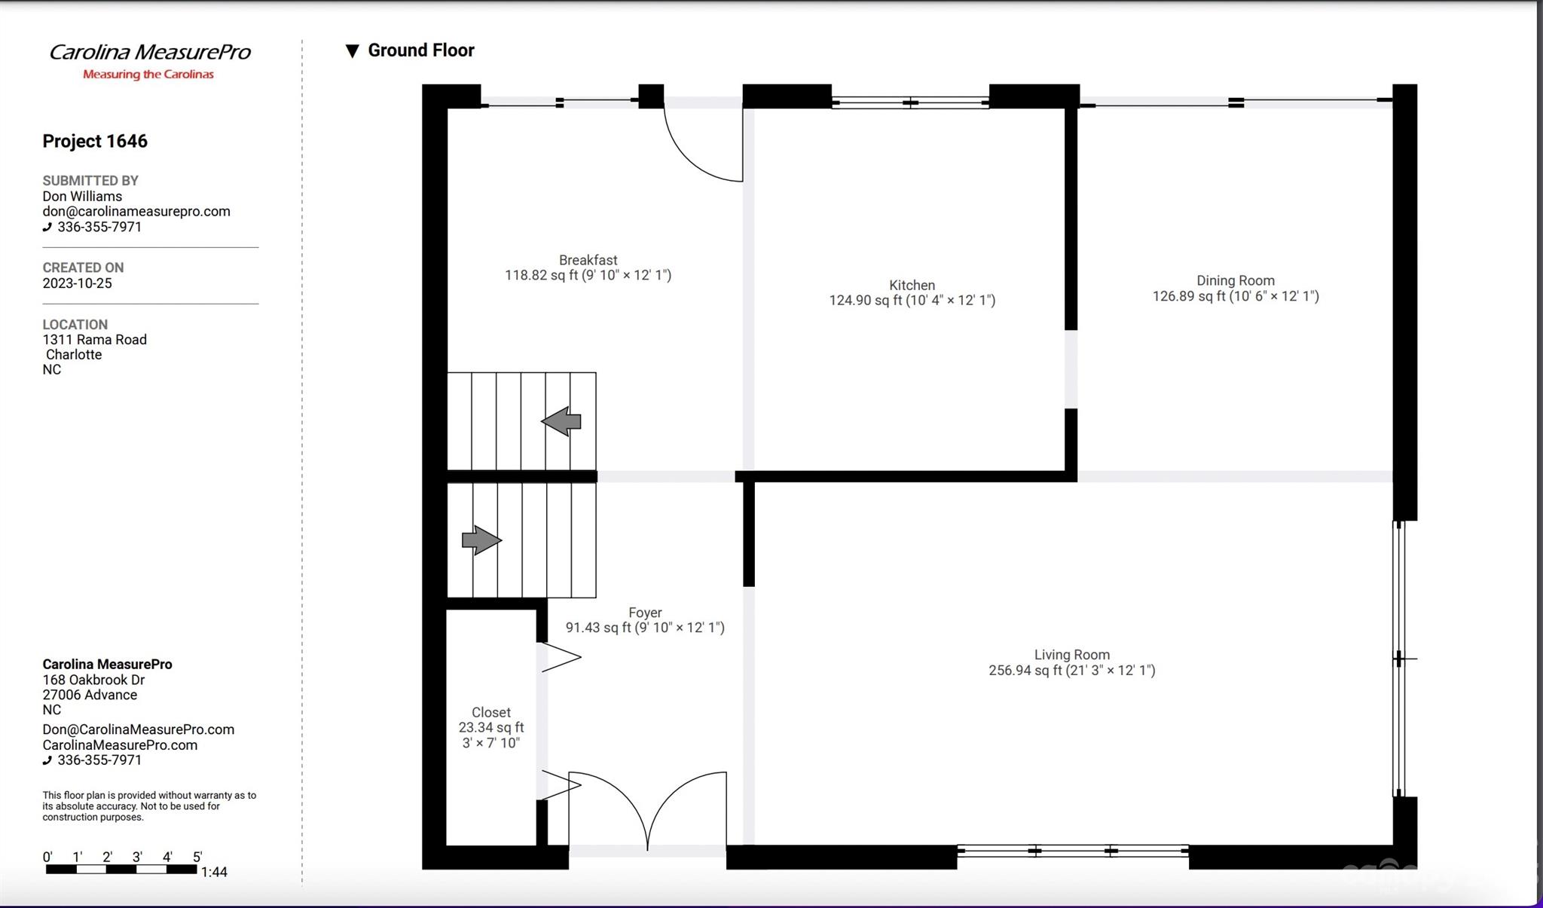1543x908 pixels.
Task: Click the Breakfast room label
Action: point(588,261)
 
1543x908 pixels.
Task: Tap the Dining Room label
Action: point(1236,281)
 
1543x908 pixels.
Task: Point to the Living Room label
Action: point(1071,656)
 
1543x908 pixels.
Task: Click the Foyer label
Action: point(645,613)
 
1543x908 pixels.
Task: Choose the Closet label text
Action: point(491,713)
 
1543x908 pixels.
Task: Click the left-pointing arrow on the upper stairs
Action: point(561,421)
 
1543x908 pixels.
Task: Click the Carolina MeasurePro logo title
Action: point(149,53)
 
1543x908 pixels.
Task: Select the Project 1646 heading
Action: point(95,142)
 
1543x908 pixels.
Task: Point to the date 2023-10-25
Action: point(77,283)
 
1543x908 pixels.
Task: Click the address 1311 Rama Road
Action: point(94,340)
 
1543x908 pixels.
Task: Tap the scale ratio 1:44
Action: point(214,873)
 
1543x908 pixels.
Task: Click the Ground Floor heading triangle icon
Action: point(352,51)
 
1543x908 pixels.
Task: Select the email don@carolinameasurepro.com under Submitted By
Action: point(136,212)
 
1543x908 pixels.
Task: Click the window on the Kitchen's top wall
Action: point(910,102)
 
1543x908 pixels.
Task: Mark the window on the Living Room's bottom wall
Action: point(1072,851)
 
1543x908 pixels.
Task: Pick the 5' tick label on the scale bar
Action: point(197,857)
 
